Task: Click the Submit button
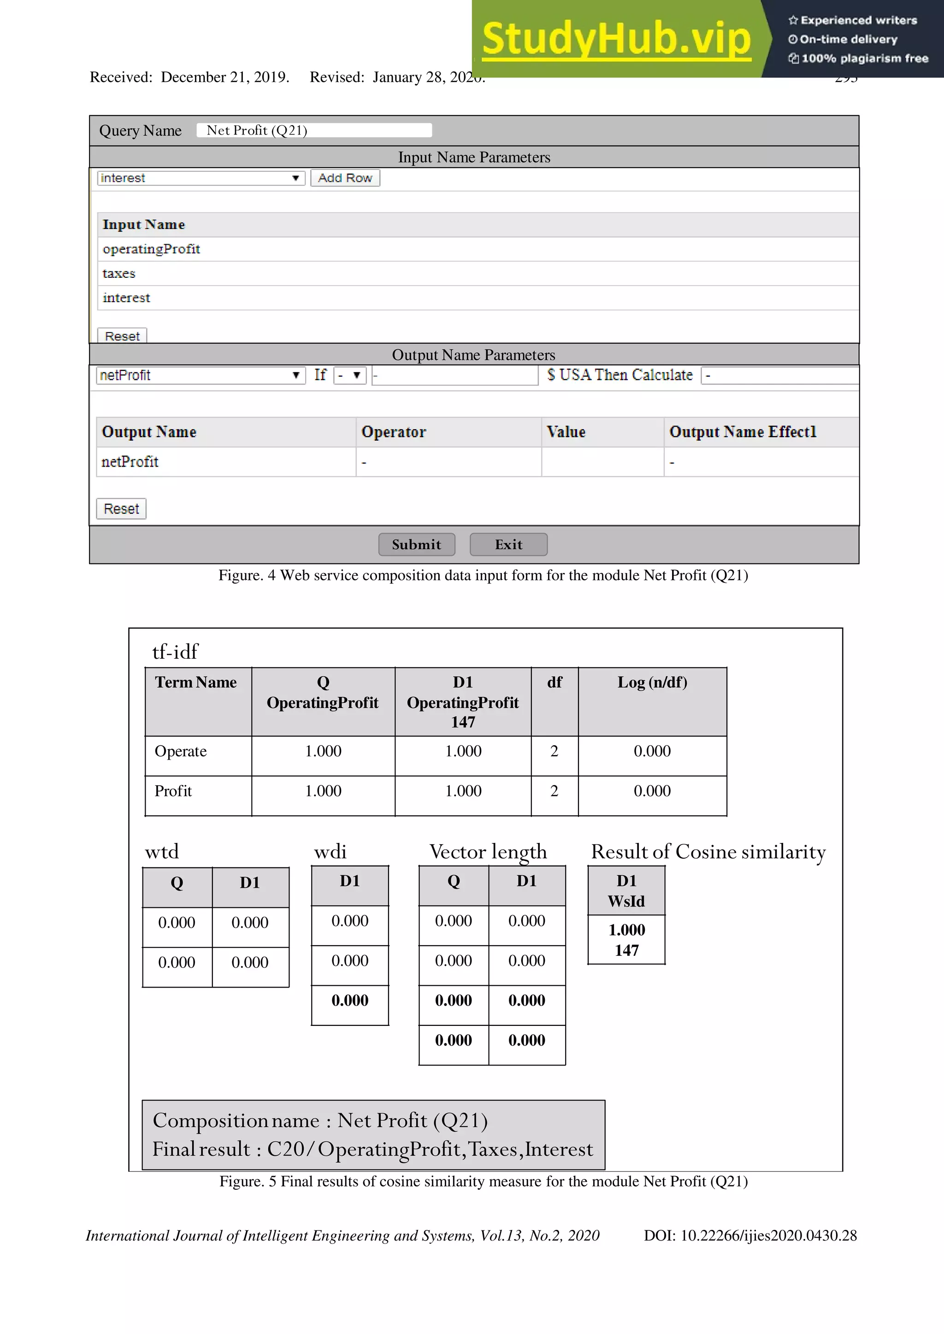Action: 416,544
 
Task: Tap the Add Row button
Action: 345,178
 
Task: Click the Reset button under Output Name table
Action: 121,509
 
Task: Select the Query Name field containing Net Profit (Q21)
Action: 314,130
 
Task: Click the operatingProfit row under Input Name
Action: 151,249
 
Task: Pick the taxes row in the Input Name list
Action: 119,274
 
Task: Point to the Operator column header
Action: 394,432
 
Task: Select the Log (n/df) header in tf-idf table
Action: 652,682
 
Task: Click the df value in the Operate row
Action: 554,751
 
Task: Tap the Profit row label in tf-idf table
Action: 173,791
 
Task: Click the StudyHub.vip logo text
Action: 616,39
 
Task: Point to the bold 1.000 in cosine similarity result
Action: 626,930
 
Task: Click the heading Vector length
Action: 488,851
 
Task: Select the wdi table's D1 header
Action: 349,881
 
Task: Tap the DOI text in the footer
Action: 750,1235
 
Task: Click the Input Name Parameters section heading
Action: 474,158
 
